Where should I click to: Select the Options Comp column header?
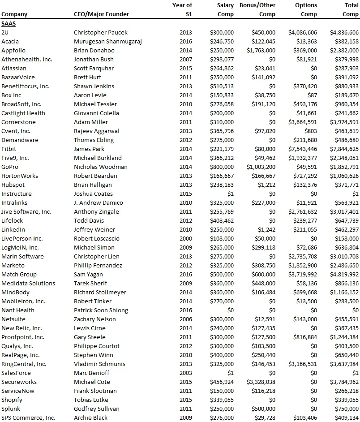(306, 9)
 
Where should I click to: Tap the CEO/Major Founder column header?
(101, 14)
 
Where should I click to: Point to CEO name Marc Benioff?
(91, 373)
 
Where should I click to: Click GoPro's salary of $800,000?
(222, 167)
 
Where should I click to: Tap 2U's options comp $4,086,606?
(303, 32)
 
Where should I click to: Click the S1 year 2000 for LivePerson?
(186, 238)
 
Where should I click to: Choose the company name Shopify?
(12, 400)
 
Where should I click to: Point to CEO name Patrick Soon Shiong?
(101, 310)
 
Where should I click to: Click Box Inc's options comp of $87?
(312, 95)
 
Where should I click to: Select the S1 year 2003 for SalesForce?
(186, 373)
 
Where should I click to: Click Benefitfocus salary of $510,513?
(222, 86)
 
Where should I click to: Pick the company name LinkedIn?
(13, 229)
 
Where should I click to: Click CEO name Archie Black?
(90, 418)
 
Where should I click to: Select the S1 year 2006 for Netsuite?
(186, 319)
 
